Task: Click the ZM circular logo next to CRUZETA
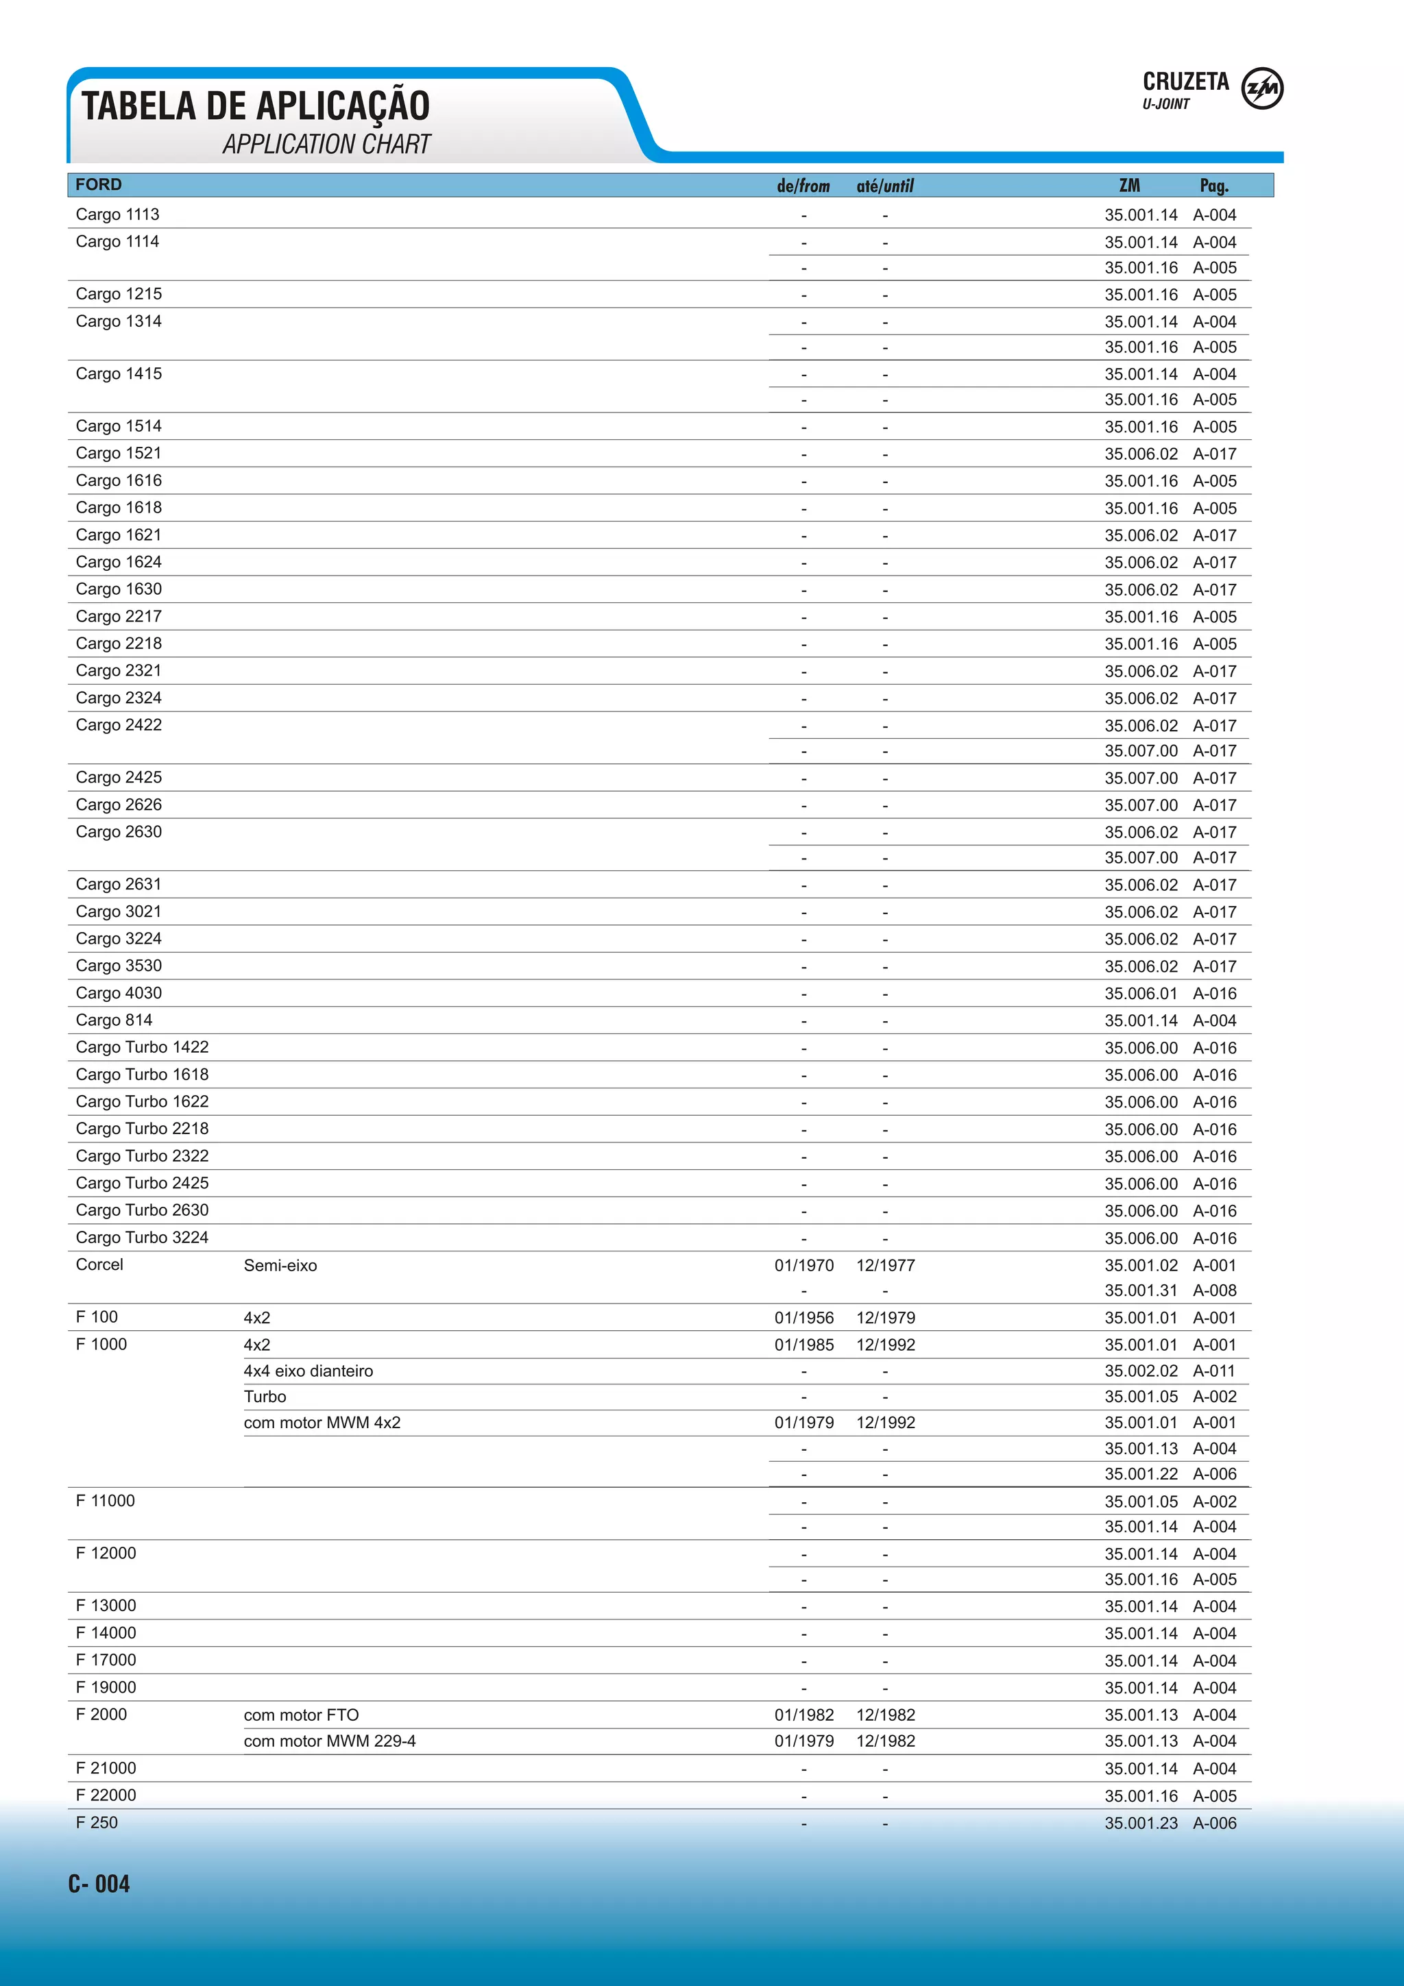click(1262, 89)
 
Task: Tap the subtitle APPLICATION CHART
click(326, 144)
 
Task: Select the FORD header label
click(99, 184)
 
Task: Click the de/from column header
click(803, 186)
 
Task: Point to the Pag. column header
click(1213, 186)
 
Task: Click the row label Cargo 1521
click(119, 453)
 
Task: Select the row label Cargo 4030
click(119, 993)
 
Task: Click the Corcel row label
click(99, 1264)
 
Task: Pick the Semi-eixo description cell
click(280, 1266)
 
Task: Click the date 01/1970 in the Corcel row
click(803, 1266)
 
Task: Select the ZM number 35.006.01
click(1140, 994)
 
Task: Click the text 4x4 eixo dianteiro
click(308, 1371)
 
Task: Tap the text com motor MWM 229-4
click(330, 1741)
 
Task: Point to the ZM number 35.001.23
click(1140, 1824)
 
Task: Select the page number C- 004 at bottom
click(99, 1884)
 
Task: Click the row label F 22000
click(106, 1795)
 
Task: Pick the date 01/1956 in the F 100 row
click(803, 1319)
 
